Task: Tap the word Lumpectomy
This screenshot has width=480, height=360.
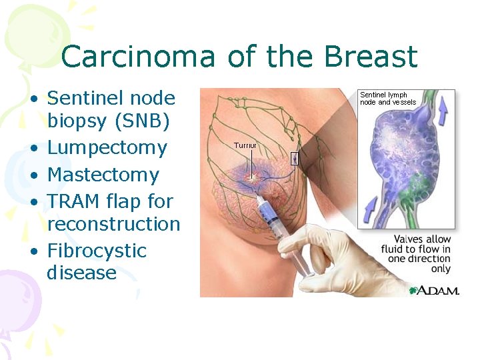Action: [107, 147]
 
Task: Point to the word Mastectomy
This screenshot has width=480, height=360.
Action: [103, 175]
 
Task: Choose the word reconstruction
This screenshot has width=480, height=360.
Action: [113, 223]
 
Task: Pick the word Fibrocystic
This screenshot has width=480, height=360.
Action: [97, 251]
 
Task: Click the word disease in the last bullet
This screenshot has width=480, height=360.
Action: [81, 273]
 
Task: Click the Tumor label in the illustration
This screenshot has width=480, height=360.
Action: [245, 144]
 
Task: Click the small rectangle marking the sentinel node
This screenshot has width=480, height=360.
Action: [295, 158]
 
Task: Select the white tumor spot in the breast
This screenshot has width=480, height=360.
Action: [251, 178]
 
